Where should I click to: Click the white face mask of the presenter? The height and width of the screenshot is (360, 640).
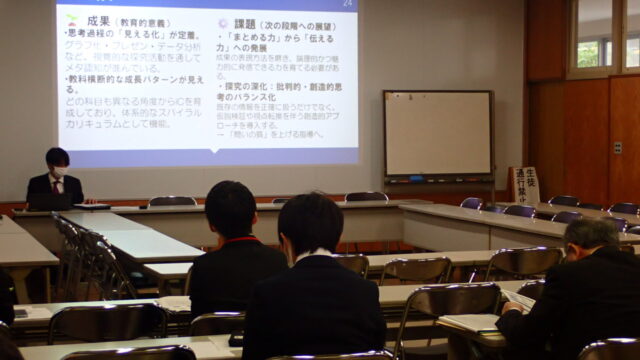[58, 172]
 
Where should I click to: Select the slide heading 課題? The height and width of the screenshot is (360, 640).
[246, 23]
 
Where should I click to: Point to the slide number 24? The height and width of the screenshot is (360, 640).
[347, 5]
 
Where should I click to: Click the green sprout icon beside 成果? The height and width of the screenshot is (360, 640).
[71, 20]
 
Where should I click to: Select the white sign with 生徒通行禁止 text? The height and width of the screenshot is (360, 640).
[524, 185]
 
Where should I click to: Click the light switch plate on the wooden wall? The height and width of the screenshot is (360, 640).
[617, 148]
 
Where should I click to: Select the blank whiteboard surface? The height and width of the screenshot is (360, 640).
[438, 133]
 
